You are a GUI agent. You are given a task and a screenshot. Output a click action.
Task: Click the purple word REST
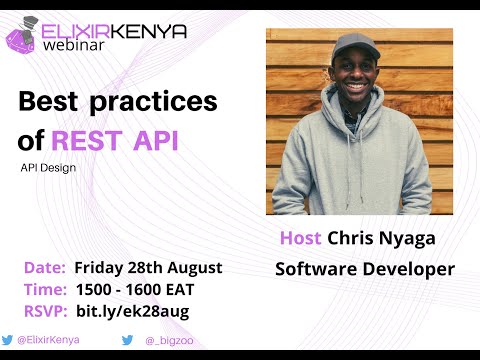pos(92,140)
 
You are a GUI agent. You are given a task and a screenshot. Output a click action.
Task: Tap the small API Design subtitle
pos(48,167)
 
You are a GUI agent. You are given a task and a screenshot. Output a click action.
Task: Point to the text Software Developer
pos(365,269)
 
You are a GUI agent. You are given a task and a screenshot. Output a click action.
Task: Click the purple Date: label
pos(45,268)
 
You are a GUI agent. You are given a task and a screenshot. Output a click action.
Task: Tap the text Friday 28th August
pos(149,268)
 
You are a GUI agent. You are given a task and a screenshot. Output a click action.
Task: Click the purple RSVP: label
pos(46,310)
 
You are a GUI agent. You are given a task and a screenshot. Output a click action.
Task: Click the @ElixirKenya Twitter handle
pos(48,340)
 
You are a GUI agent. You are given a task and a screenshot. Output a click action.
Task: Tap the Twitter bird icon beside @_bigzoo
pos(127,340)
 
